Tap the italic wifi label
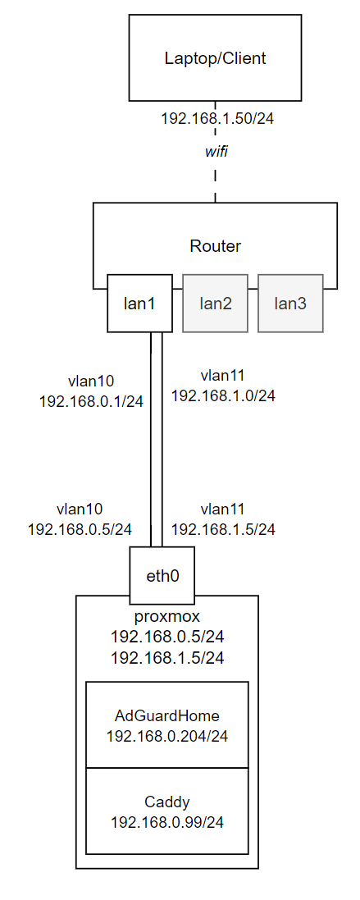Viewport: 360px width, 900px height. point(216,152)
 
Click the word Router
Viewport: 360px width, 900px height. point(216,247)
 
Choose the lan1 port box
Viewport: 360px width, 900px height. point(139,303)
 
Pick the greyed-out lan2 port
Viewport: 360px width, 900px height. point(216,303)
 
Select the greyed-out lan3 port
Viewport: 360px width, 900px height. point(290,303)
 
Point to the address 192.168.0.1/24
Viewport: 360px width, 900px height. point(91,401)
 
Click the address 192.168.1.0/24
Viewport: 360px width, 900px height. point(223,396)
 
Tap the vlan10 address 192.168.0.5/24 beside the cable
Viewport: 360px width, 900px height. point(80,529)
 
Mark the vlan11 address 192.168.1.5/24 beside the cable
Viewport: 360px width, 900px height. point(223,529)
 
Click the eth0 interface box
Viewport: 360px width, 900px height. point(162,576)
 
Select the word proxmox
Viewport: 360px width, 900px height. point(167,617)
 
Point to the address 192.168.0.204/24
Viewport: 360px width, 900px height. point(167,737)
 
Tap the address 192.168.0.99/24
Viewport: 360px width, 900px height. point(167,823)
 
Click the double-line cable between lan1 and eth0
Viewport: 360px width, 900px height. point(157,440)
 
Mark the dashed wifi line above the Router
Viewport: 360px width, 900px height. point(216,152)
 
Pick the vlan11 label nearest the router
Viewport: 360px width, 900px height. point(223,376)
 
